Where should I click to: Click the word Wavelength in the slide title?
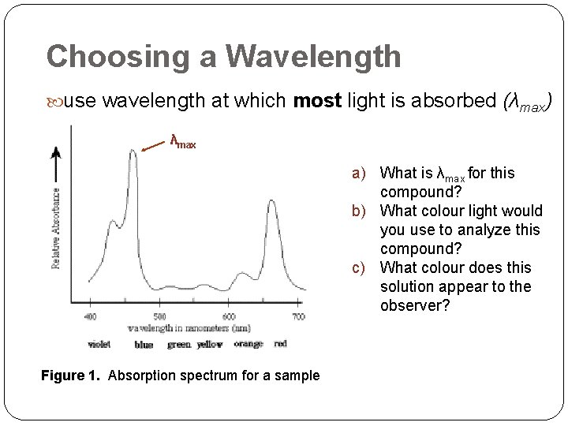313,57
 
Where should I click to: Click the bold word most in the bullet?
317,101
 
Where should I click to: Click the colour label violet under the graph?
99,344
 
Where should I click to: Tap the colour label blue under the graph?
144,344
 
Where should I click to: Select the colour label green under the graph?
180,344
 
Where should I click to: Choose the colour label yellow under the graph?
210,344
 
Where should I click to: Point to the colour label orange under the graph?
248,344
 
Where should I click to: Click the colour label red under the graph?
281,344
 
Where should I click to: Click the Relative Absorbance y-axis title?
57,227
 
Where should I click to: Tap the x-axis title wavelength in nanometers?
189,328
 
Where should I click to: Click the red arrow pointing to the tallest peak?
153,145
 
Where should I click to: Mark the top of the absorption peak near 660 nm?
273,201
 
